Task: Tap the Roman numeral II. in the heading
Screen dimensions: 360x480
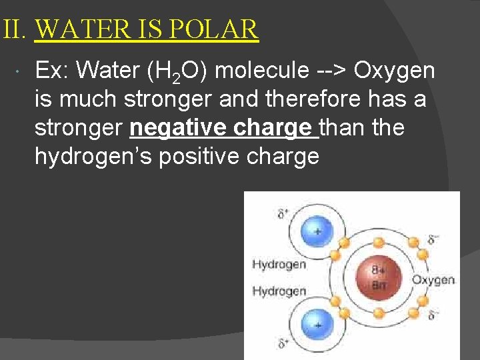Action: [x=13, y=29]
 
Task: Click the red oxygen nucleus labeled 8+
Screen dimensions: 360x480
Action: [x=377, y=276]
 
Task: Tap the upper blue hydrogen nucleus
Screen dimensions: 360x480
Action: [x=317, y=231]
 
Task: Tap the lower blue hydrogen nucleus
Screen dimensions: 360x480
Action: [x=317, y=324]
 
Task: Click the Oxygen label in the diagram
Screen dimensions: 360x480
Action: [x=433, y=280]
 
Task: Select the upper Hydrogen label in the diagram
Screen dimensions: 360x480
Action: [x=279, y=265]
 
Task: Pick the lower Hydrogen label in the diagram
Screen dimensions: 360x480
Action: [x=279, y=291]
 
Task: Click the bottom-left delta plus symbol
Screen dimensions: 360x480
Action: [x=283, y=344]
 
